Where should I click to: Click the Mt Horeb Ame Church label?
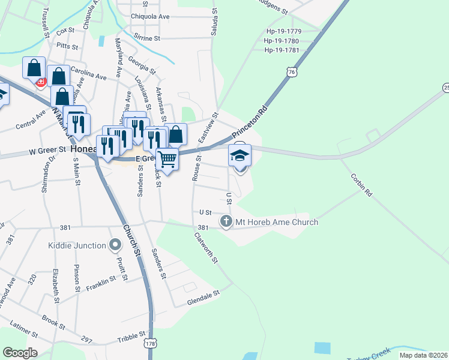276,223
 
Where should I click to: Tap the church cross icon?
226,222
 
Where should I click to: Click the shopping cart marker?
167,159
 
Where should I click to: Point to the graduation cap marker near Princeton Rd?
240,155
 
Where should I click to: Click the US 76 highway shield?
292,72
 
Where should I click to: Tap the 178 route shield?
150,344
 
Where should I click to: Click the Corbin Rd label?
361,185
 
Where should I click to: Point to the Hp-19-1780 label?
282,41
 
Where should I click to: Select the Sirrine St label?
148,37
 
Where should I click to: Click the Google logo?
20,353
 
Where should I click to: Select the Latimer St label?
25,332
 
